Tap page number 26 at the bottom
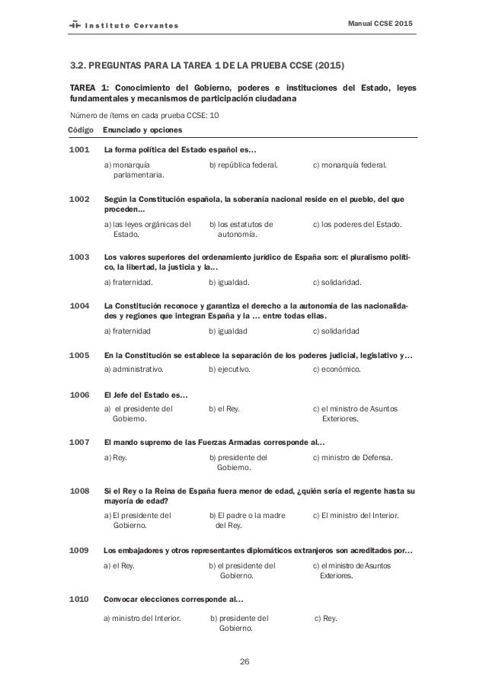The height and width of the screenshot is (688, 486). (x=244, y=660)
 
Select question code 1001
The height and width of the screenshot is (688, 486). (x=79, y=149)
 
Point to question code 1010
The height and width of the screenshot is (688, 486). (x=79, y=599)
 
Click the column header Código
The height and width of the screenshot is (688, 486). (x=81, y=130)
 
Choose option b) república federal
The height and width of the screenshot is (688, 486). (x=243, y=164)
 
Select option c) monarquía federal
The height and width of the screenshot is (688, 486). (x=350, y=164)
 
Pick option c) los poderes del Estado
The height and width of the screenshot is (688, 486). (x=358, y=224)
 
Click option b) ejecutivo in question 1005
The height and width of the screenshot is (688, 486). (x=236, y=370)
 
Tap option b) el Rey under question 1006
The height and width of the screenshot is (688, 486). (x=225, y=409)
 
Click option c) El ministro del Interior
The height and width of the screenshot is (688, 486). (x=356, y=515)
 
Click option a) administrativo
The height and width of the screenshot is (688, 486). (x=138, y=370)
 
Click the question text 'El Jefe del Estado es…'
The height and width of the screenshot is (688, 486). (x=146, y=395)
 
